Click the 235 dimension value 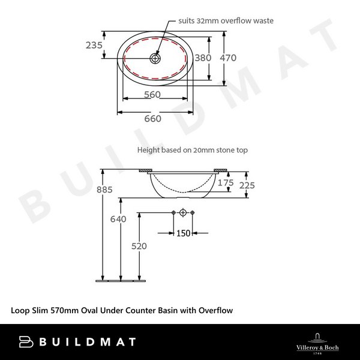94,45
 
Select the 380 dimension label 204,58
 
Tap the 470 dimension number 228,58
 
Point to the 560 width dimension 153,95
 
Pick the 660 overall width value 153,118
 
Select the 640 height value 118,219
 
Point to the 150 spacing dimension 182,233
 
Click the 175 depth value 226,182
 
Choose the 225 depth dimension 247,185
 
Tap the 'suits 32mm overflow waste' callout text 226,20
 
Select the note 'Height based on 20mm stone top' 192,150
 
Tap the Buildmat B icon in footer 27,342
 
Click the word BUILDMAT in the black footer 87,342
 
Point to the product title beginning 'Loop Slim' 122,310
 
